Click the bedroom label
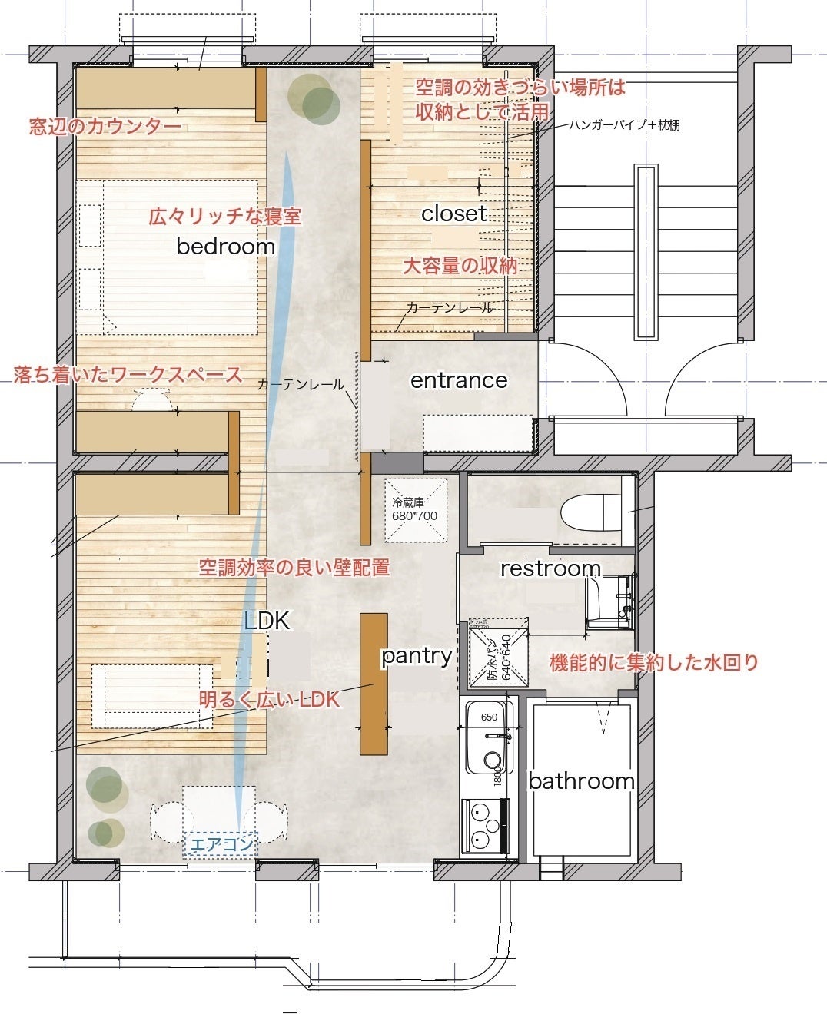225,246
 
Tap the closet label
453,213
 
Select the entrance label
459,380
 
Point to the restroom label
550,568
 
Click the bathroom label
581,781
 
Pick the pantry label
416,655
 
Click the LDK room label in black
267,621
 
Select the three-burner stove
484,827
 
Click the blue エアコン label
221,844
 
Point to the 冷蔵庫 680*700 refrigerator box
415,509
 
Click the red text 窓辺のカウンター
105,127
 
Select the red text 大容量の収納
460,266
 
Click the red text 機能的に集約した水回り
653,662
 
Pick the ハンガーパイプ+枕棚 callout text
624,124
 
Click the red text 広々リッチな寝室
224,216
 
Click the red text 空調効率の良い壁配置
294,568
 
